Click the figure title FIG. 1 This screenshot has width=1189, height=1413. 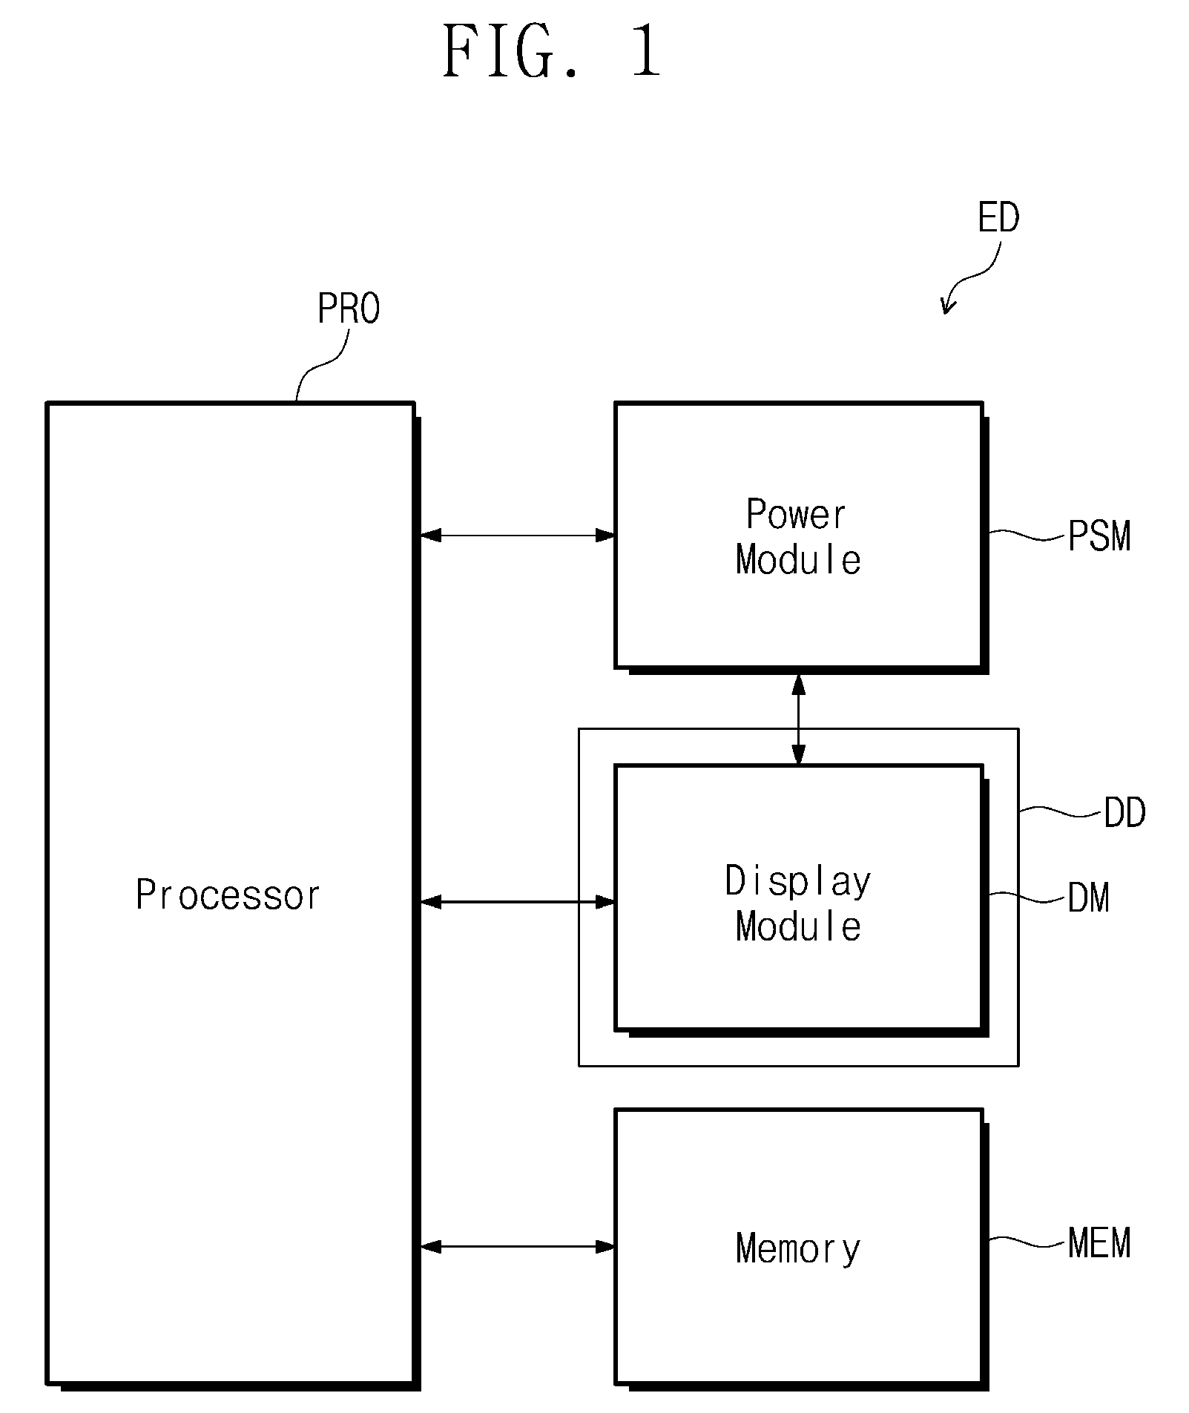tap(552, 50)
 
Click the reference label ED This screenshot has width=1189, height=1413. tap(998, 218)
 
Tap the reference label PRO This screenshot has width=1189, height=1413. tap(349, 309)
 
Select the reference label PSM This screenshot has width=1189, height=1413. tap(1099, 536)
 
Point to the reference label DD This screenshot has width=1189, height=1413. tap(1124, 814)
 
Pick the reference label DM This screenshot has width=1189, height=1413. tap(1089, 898)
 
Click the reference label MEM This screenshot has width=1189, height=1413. tap(1099, 1244)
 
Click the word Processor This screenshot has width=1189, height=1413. tap(228, 895)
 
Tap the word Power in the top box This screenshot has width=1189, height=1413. tap(796, 515)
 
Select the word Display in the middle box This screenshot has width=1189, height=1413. tap(798, 883)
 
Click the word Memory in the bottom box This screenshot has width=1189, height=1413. tap(798, 1249)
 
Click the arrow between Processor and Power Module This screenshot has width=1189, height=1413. tap(517, 535)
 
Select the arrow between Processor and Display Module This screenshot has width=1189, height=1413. tap(517, 902)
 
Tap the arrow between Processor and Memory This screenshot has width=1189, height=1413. tap(517, 1248)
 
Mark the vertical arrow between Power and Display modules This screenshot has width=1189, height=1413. tap(798, 719)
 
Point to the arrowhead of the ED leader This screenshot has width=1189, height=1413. tap(945, 313)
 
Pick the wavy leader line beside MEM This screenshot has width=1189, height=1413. tap(1028, 1242)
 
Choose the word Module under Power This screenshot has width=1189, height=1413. tap(798, 560)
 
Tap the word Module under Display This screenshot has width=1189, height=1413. tap(798, 927)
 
